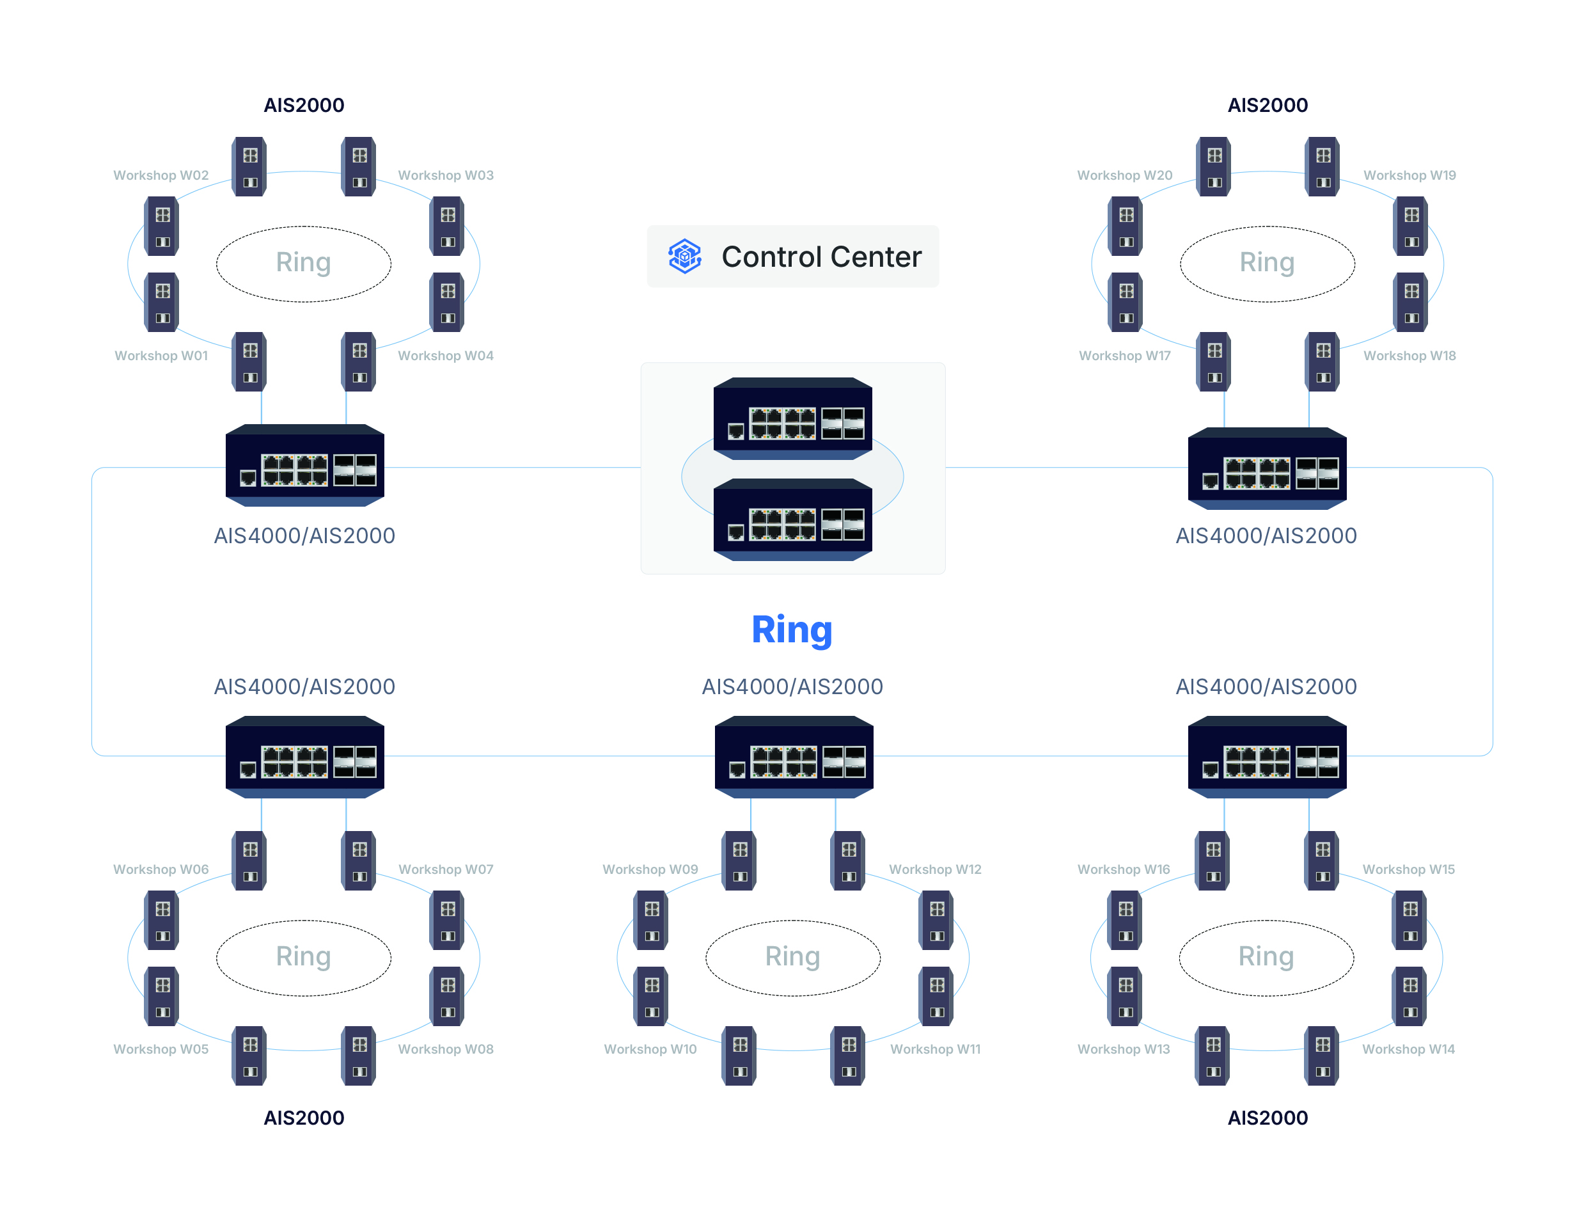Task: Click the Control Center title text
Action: coord(821,257)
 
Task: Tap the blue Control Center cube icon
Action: coord(684,257)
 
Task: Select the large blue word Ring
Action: coord(791,630)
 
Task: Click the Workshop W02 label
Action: coord(161,175)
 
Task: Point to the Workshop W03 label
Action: coord(446,175)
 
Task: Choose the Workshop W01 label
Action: coord(161,355)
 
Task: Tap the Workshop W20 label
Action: coord(1124,175)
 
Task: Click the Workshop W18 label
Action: coord(1409,355)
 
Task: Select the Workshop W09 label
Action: coord(650,869)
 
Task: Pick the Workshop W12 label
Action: coord(935,869)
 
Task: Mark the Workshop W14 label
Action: coord(1408,1049)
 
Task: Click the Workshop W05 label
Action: coord(161,1049)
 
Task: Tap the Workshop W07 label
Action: coord(446,869)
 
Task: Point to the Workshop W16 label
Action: coord(1124,869)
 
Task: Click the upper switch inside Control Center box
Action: coord(792,418)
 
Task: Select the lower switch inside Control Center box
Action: coord(792,520)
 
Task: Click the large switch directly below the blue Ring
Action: coord(794,757)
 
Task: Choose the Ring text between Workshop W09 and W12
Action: coord(792,956)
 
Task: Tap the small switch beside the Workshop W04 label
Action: coord(359,361)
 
